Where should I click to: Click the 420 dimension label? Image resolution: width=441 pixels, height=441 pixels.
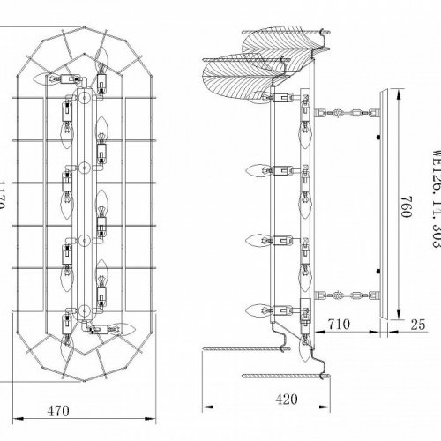pyautogui.click(x=285, y=399)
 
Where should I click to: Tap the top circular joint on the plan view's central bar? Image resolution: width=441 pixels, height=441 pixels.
pyautogui.click(x=80, y=92)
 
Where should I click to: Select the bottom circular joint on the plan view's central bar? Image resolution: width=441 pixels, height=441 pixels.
pyautogui.click(x=82, y=310)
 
